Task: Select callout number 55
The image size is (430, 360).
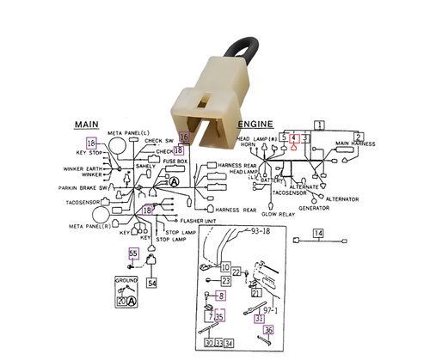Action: coord(133,253)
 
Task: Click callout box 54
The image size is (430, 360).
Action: coord(152,282)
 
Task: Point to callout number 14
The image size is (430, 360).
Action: coord(317,234)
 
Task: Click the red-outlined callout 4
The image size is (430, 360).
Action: coord(294,137)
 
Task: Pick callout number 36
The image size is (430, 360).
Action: coord(268,331)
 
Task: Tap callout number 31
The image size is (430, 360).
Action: coord(260,319)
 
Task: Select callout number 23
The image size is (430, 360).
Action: coord(225,280)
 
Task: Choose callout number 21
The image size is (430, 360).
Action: coord(255,292)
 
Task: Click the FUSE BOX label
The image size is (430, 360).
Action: coord(175,161)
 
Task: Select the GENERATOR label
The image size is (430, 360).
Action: coord(315,208)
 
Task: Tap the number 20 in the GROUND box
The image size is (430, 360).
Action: coord(121,301)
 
